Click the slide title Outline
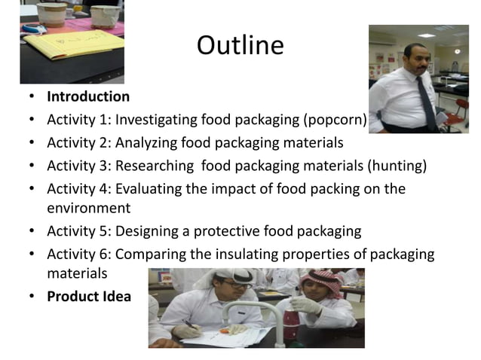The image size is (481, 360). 240,47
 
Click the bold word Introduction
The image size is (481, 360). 88,97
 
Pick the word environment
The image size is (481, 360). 88,208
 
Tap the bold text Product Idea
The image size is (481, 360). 89,297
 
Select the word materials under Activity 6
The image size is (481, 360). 77,273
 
